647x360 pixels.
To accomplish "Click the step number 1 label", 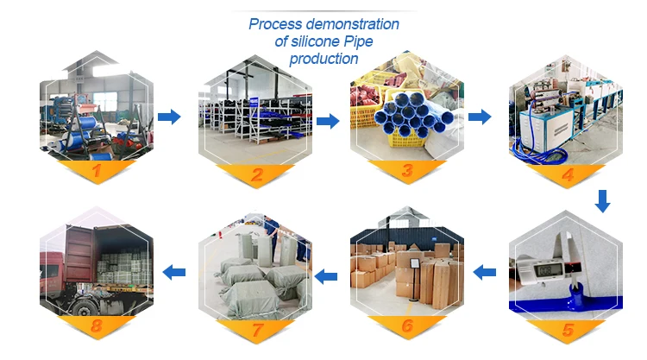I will pos(97,174).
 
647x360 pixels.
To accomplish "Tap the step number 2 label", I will pos(255,174).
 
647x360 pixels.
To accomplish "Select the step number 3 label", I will pos(407,172).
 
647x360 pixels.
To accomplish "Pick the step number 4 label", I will pos(568,174).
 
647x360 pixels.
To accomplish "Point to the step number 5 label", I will pos(568,329).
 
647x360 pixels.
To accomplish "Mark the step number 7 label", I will pos(255,328).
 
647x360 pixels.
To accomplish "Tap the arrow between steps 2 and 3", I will pos(328,121).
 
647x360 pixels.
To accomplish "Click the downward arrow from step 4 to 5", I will pos(603,202).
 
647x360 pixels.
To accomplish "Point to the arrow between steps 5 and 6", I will pos(485,273).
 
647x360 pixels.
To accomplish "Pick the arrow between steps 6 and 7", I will pos(325,276).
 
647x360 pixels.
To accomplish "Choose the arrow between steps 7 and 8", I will pos(174,272).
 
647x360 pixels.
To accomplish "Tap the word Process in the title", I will pos(276,24).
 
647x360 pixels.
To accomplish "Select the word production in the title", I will pos(323,59).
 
